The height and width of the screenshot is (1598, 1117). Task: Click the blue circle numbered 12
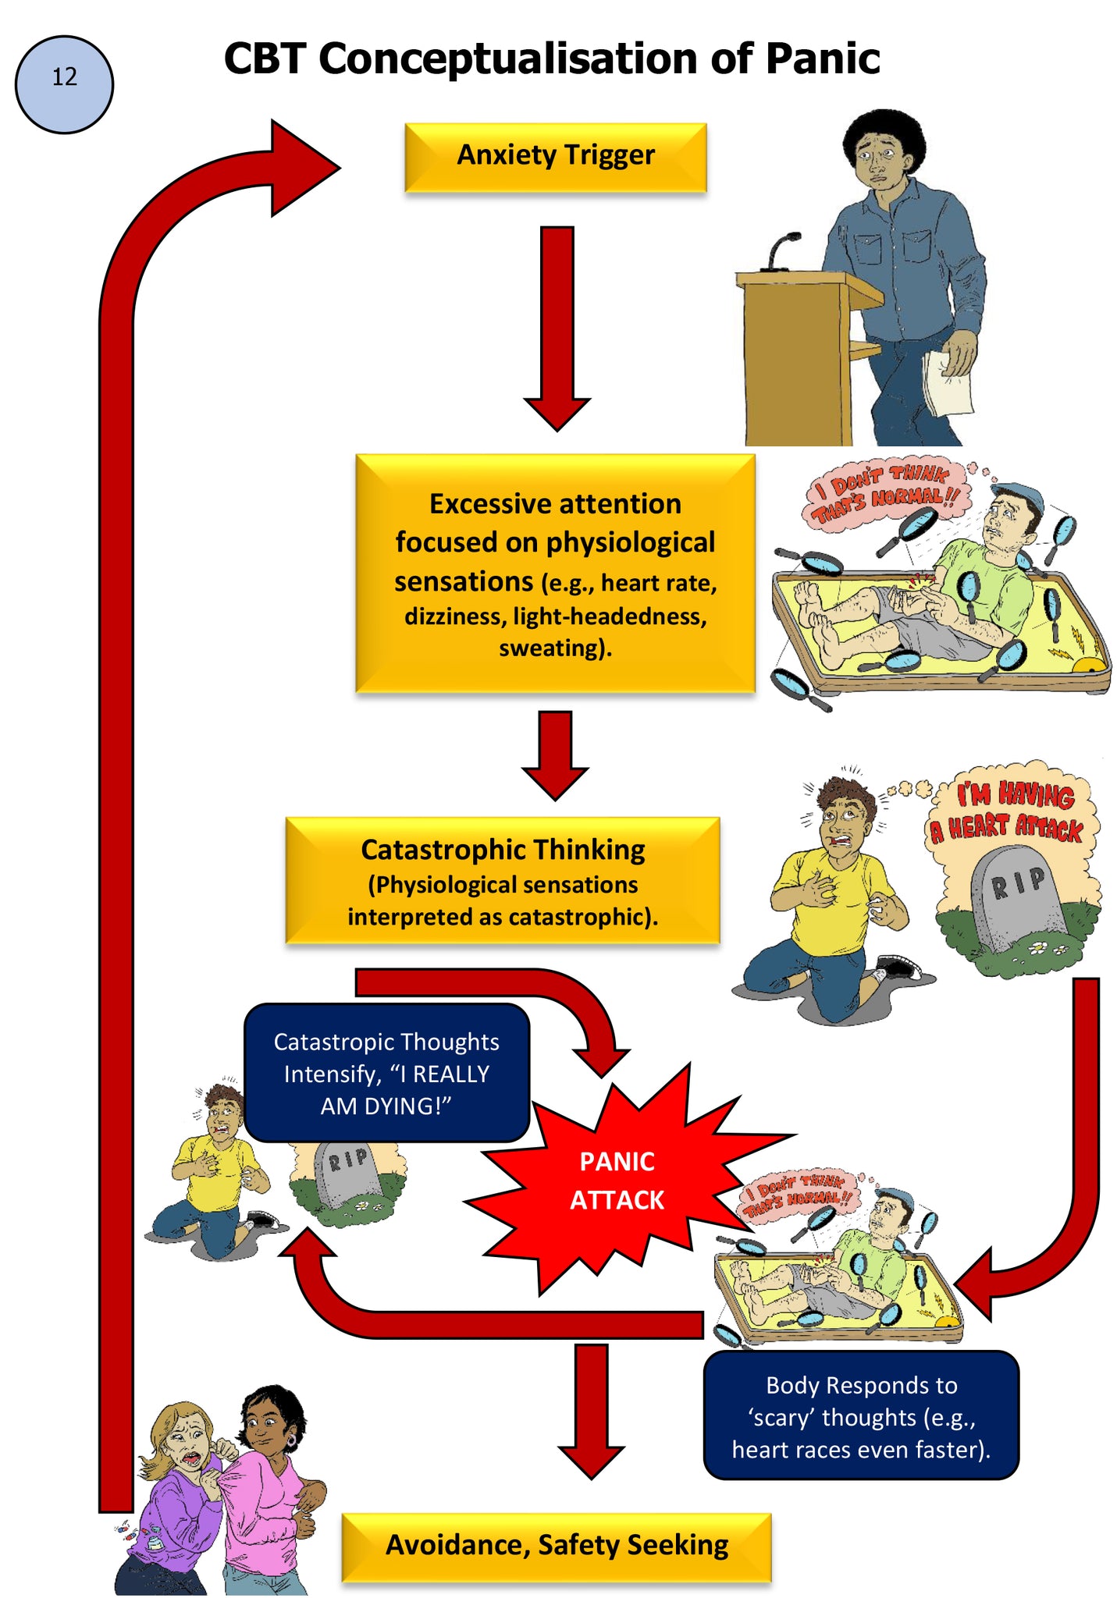click(64, 84)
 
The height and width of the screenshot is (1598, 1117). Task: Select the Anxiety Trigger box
click(555, 157)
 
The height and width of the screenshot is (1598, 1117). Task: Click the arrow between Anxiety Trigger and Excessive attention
click(557, 328)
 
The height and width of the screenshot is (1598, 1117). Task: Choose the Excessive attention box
click(555, 573)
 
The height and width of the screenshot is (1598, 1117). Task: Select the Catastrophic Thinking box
click(503, 880)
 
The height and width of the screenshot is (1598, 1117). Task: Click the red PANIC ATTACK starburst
click(617, 1180)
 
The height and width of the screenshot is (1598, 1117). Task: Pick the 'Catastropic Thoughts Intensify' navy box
click(386, 1073)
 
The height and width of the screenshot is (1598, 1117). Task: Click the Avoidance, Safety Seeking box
click(557, 1547)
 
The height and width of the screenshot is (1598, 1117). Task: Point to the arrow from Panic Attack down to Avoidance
click(592, 1411)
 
